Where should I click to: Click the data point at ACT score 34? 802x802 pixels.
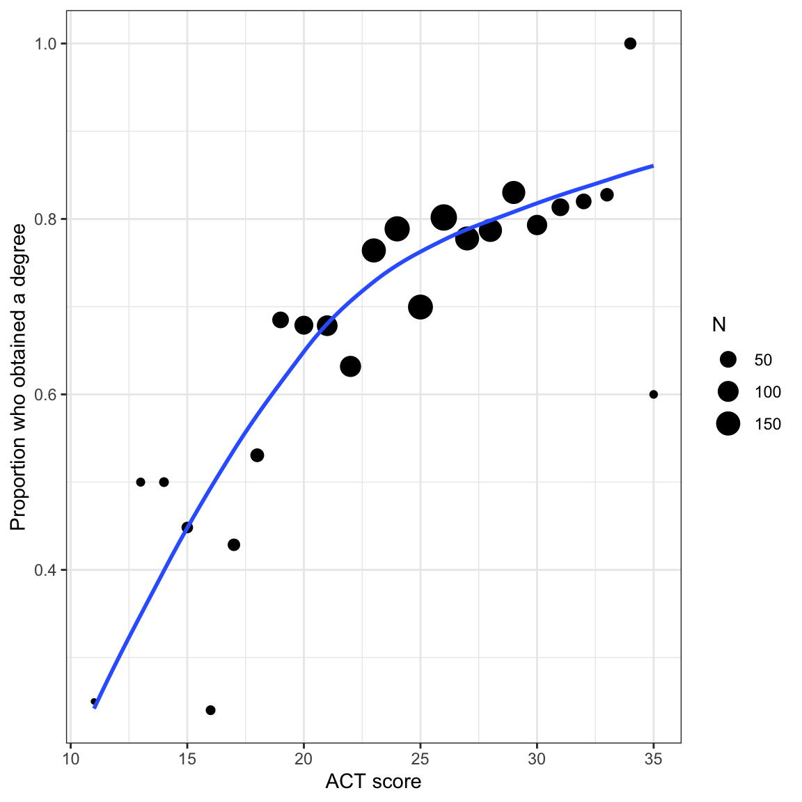click(x=630, y=44)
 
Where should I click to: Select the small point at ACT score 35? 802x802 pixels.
click(x=653, y=395)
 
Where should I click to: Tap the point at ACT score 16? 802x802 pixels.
click(x=210, y=710)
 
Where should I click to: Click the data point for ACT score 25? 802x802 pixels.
click(x=420, y=307)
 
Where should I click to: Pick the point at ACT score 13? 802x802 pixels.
click(x=141, y=482)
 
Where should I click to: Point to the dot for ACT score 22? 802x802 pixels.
click(x=350, y=366)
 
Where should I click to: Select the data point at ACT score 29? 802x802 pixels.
click(x=514, y=192)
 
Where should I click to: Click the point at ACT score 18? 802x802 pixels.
click(x=257, y=455)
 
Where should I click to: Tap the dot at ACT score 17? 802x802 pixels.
click(x=234, y=544)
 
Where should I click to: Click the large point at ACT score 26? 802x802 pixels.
click(x=443, y=218)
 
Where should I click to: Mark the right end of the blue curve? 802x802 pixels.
click(x=653, y=166)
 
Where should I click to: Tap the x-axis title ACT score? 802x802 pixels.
click(x=373, y=782)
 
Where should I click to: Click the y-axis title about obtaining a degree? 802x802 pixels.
click(x=18, y=377)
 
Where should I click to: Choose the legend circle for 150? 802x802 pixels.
click(x=728, y=423)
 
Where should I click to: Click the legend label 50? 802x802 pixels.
click(x=763, y=360)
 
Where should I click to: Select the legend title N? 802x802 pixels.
click(x=719, y=324)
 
